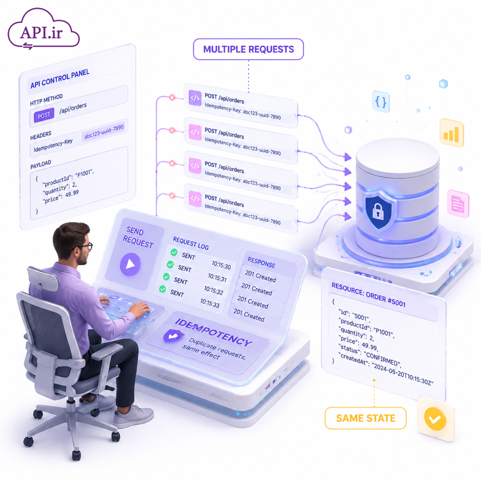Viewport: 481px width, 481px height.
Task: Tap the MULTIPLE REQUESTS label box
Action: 248,49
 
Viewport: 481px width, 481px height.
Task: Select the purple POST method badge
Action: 44,116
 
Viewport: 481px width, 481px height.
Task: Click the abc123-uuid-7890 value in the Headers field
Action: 104,132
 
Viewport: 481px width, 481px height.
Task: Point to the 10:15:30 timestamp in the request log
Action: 221,265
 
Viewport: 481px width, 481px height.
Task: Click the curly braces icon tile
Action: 381,101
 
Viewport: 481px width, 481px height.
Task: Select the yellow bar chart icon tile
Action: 451,133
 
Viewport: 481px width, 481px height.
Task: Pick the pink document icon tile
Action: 458,203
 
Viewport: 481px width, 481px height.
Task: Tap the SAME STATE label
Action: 365,418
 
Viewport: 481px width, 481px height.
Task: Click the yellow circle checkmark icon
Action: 435,419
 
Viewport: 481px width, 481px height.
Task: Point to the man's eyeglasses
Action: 85,247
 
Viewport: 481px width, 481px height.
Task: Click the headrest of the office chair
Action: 43,279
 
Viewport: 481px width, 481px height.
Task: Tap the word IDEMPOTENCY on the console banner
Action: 213,332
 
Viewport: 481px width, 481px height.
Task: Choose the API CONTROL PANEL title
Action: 60,78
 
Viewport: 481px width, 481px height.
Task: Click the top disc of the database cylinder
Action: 397,157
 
